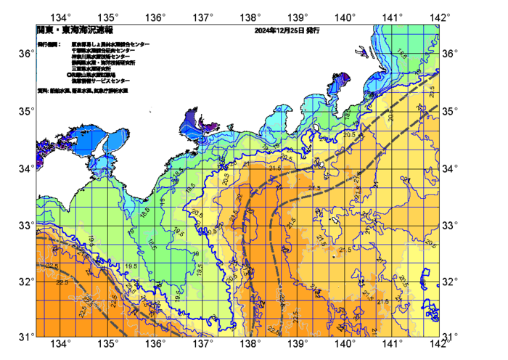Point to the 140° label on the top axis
[345, 17]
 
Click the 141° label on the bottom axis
[393, 344]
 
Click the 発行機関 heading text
[49, 44]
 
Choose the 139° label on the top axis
[298, 17]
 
